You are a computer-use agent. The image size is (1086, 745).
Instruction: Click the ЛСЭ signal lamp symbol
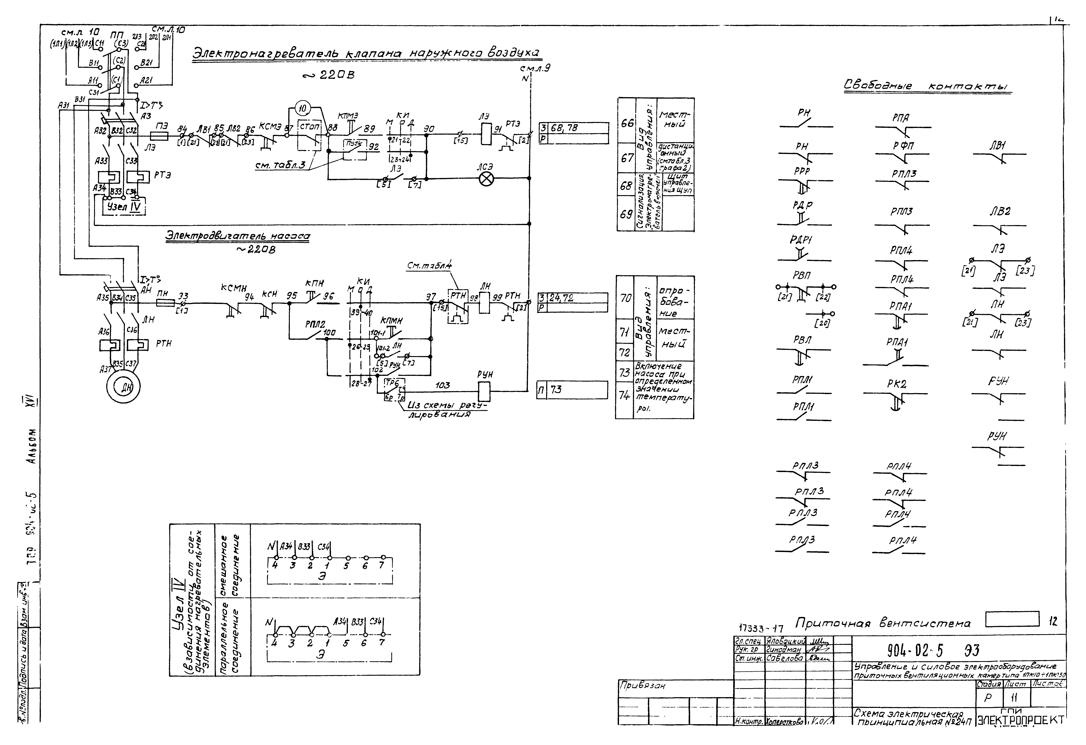tap(486, 179)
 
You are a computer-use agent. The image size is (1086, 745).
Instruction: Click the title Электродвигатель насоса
tap(237, 236)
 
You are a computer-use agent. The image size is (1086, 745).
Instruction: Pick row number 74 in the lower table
tap(624, 395)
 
